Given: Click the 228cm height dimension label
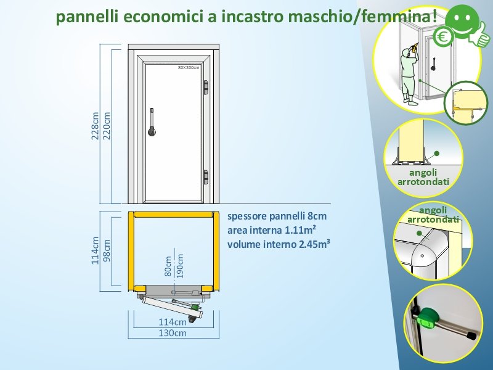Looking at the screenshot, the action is tap(96, 126).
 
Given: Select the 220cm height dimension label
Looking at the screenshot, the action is tap(107, 126).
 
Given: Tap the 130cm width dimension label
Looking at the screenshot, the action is tap(173, 333).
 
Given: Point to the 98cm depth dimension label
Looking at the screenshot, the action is tap(107, 251).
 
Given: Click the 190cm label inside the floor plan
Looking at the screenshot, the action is tap(180, 266).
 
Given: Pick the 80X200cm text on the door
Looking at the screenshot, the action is tap(189, 67).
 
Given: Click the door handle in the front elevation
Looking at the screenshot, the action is tap(152, 122).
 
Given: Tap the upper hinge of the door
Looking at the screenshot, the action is tap(206, 86).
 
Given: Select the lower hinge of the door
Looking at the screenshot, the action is tap(206, 177).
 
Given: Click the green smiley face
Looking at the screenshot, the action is tap(462, 22).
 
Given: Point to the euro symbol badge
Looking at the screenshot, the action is tap(442, 37).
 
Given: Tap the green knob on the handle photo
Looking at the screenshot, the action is tap(428, 318).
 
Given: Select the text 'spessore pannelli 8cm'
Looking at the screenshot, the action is tap(277, 216).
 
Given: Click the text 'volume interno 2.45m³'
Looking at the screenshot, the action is tap(279, 244).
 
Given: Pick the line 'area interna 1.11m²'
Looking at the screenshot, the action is tap(272, 230).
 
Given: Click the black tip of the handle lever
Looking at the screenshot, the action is tap(471, 335).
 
